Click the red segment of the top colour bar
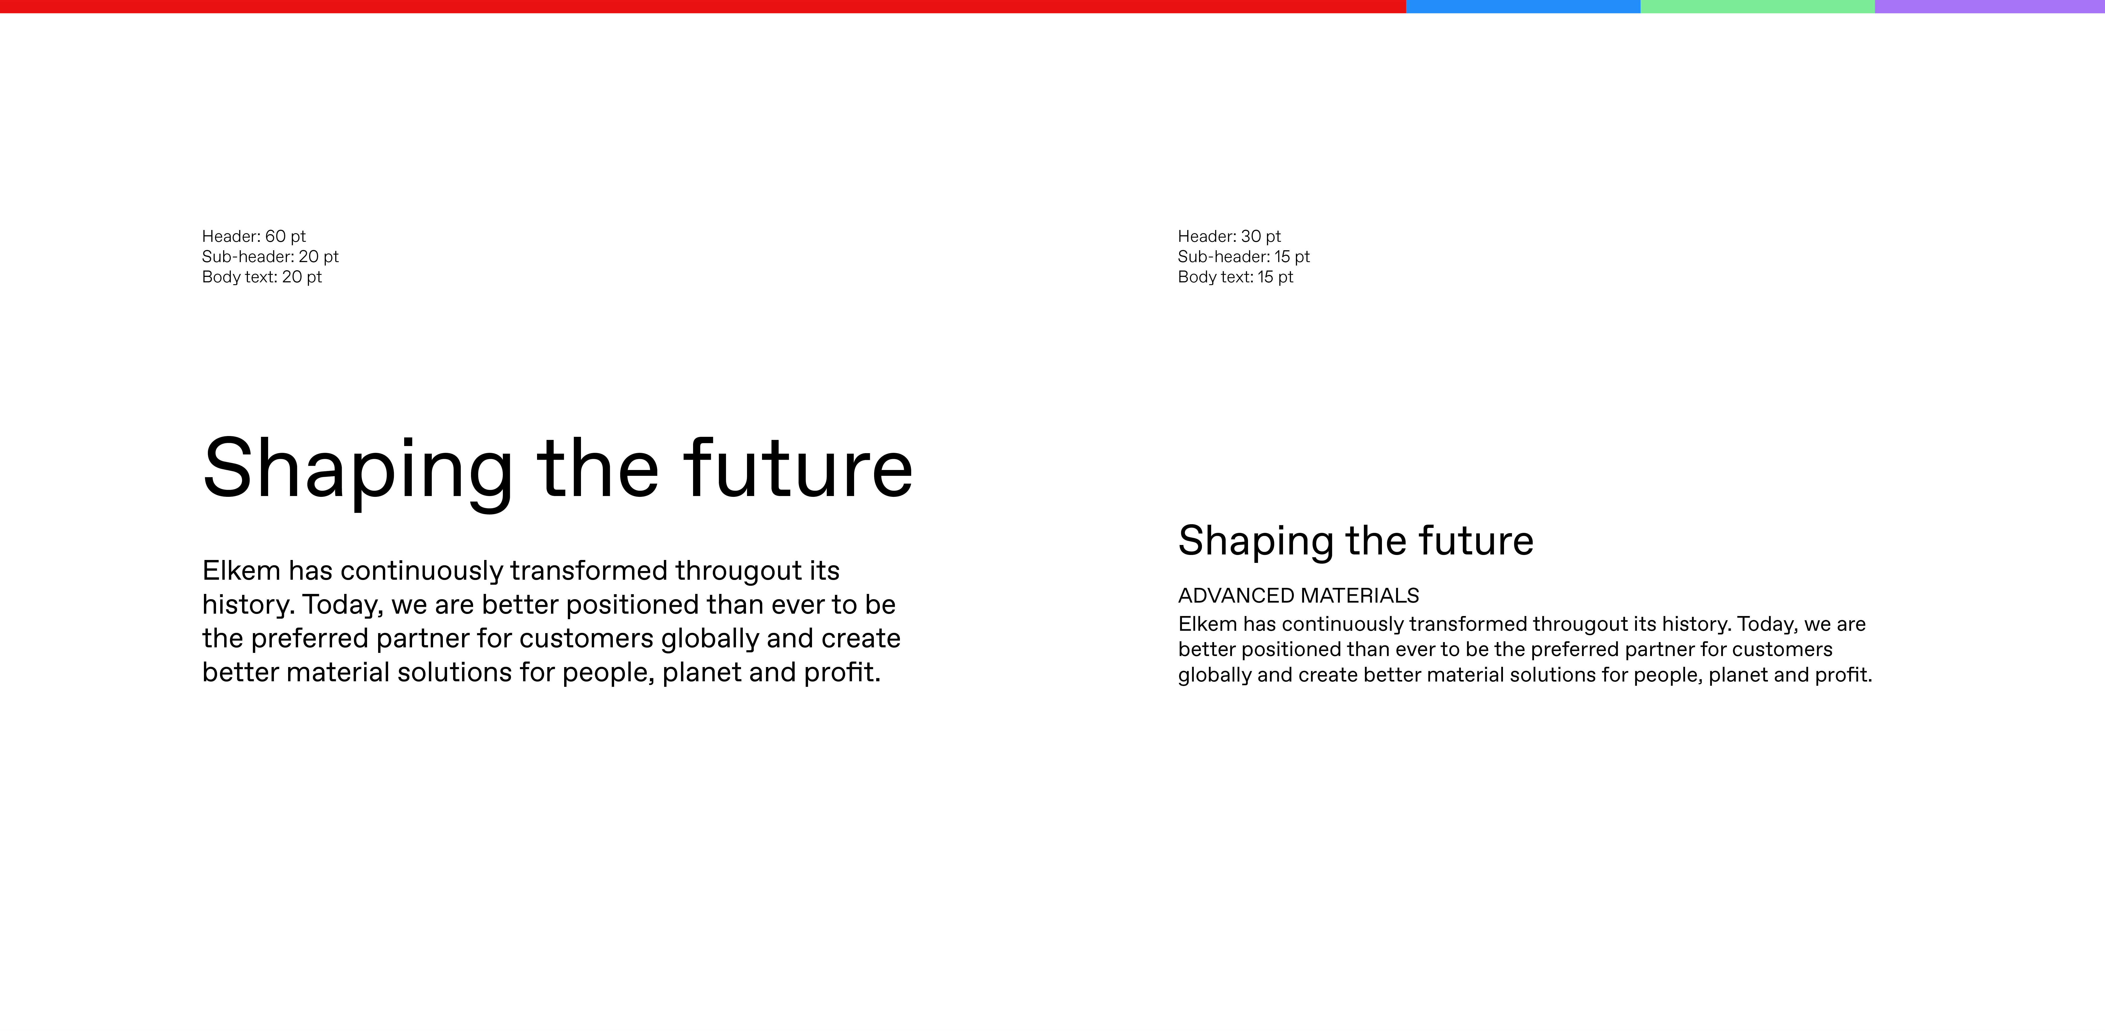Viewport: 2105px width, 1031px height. coord(703,7)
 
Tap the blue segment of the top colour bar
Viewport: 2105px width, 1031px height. coord(1523,7)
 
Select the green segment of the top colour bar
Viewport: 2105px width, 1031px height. coord(1758,7)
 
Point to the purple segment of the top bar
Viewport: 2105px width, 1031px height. coord(1990,7)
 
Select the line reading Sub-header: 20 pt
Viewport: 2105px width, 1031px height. coord(270,257)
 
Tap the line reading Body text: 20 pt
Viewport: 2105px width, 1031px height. coord(262,277)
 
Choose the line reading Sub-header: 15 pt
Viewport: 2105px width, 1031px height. coord(1244,257)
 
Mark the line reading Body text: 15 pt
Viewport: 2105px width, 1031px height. coord(1236,277)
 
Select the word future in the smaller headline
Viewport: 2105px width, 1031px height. coord(1477,541)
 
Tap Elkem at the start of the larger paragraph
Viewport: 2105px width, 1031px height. coord(241,570)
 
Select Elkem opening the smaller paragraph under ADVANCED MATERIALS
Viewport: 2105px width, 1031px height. coord(1207,624)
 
